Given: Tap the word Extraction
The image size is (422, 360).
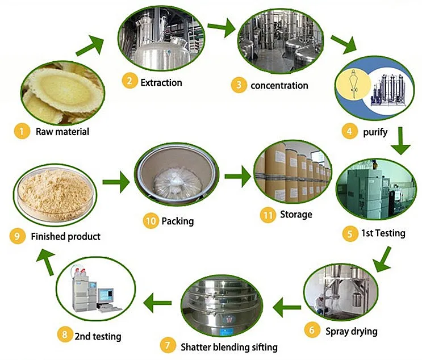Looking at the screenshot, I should (x=161, y=82).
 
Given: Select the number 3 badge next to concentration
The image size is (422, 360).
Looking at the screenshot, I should (x=239, y=85).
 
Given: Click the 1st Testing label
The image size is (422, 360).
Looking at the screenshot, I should (x=383, y=233).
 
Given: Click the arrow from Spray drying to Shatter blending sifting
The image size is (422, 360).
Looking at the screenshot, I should (x=287, y=308).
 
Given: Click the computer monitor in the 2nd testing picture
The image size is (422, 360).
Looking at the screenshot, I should (x=106, y=296).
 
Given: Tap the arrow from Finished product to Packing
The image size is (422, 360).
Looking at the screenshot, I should (x=115, y=182).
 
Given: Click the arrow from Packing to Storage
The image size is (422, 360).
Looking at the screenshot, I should (x=237, y=176).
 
